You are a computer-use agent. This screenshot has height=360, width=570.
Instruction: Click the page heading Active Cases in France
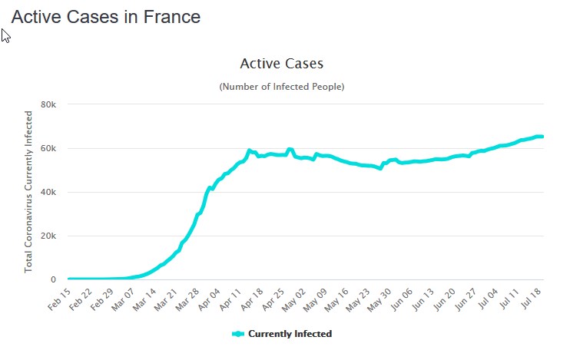[105, 17]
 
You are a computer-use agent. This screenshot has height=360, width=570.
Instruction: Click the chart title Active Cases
[281, 64]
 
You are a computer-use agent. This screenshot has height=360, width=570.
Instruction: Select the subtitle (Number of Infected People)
[281, 87]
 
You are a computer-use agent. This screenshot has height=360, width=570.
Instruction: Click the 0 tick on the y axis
[53, 279]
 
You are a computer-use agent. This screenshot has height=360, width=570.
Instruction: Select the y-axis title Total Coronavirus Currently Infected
[29, 191]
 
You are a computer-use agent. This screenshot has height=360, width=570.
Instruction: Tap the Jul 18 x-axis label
[531, 299]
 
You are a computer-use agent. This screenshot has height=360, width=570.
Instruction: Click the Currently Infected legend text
[290, 334]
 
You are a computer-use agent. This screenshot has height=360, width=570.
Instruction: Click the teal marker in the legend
[237, 334]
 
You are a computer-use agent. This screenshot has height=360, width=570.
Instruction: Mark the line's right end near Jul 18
[542, 137]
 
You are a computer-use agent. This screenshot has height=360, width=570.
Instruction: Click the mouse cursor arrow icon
[5, 35]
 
